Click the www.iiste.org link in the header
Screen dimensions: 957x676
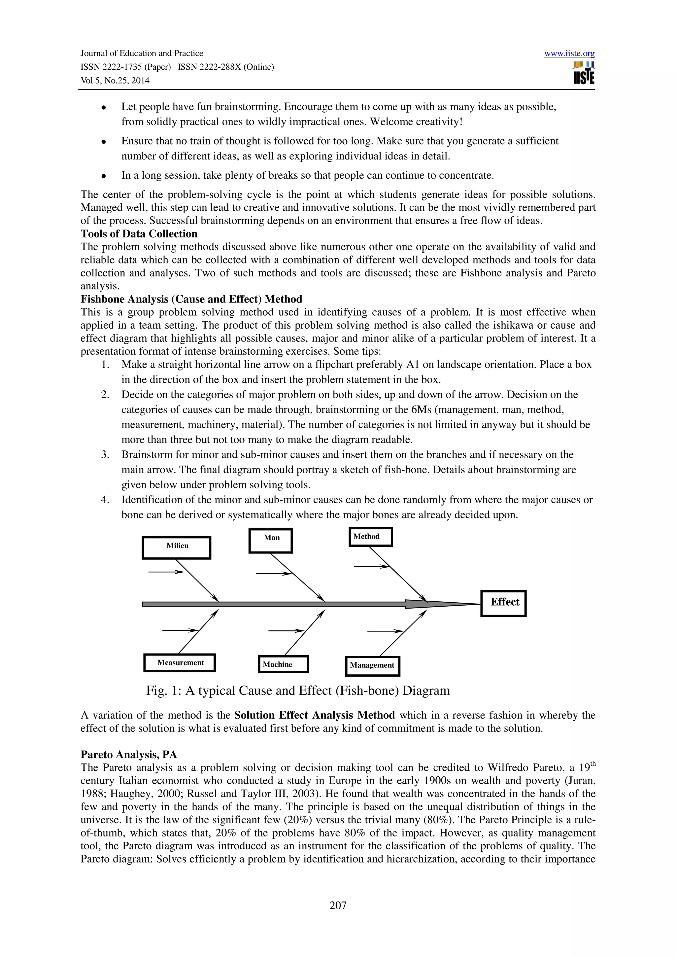point(569,53)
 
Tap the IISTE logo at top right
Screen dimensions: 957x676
point(584,73)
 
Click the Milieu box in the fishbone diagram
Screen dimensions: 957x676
point(177,547)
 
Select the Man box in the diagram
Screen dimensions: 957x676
point(271,541)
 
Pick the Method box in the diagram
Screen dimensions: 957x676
point(370,537)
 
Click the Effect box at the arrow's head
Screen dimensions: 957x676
point(504,603)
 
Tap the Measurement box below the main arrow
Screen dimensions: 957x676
point(180,663)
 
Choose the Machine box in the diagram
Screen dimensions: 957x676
point(283,664)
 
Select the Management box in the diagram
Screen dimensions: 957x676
point(372,666)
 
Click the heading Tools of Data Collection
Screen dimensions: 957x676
point(139,234)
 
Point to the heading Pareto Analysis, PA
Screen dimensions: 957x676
point(128,755)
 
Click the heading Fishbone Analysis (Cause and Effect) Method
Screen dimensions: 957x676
point(191,299)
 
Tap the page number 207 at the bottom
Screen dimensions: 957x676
point(338,905)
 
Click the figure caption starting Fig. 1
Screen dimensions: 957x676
point(298,691)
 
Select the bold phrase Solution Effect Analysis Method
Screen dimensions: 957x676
point(315,715)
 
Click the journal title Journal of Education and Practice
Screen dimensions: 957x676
point(142,53)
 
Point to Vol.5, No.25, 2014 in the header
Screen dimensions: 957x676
point(115,81)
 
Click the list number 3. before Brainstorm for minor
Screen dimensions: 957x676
point(105,455)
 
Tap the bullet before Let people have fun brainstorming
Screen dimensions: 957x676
point(103,108)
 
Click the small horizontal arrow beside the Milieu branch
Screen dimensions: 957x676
point(166,572)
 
